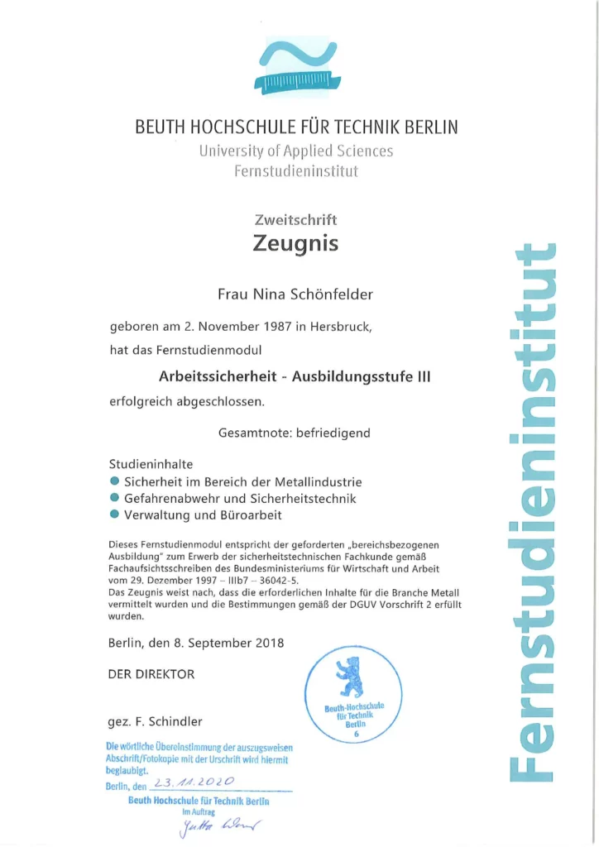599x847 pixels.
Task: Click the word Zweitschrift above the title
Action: coord(295,220)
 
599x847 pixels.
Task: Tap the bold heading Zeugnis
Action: coord(295,244)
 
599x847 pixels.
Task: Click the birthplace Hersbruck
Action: coord(341,326)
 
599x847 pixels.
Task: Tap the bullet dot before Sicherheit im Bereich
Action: coord(114,481)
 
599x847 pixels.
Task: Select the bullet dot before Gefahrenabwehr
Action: coord(114,498)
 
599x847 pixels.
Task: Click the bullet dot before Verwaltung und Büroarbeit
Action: coord(114,514)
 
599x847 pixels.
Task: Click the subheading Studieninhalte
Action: coord(151,464)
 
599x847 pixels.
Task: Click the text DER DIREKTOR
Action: coord(151,674)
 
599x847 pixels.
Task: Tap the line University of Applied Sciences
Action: coord(295,151)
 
